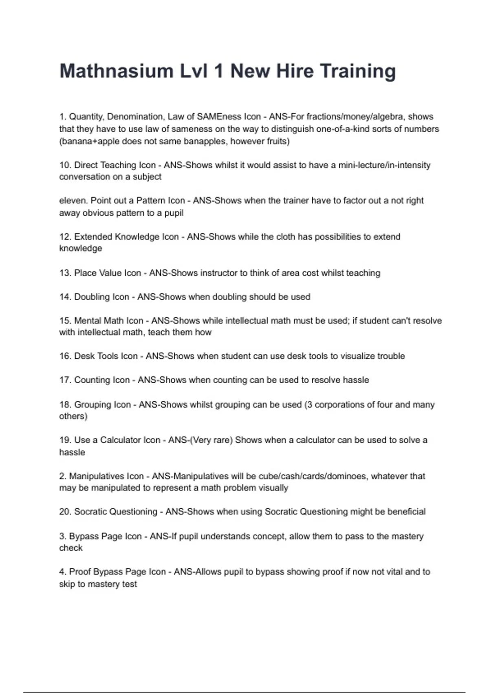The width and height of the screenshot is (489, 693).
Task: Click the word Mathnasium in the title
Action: [117, 71]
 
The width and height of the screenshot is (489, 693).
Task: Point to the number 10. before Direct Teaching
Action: [65, 165]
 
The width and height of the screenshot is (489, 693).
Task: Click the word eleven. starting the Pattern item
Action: [73, 201]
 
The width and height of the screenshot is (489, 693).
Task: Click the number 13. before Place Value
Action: [65, 273]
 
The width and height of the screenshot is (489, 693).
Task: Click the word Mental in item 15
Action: [87, 321]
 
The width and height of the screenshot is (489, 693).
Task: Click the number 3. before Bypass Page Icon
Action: [63, 536]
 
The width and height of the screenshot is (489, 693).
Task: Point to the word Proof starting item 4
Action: [80, 572]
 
